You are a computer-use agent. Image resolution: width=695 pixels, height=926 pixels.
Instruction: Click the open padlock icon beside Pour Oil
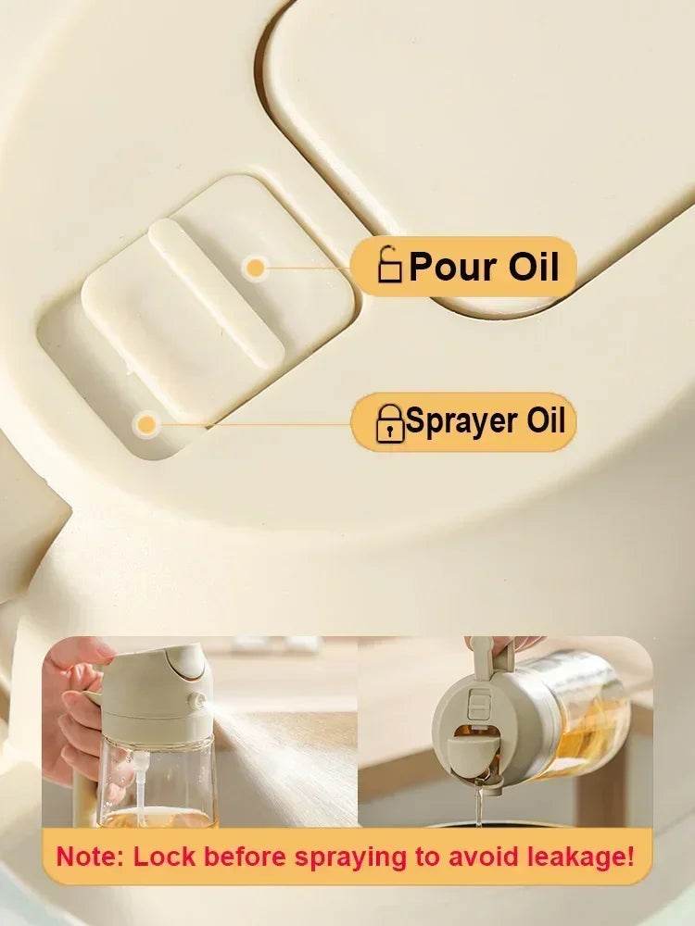click(x=390, y=266)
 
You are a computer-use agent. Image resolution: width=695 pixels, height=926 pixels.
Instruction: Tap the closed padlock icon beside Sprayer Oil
click(x=389, y=423)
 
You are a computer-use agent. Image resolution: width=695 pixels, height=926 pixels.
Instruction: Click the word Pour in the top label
click(x=448, y=266)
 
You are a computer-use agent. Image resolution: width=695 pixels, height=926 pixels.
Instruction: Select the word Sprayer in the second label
click(x=461, y=421)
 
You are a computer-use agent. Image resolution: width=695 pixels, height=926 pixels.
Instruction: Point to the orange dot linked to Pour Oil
click(x=255, y=269)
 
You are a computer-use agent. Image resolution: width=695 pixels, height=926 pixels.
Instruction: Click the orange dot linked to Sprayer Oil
click(x=145, y=425)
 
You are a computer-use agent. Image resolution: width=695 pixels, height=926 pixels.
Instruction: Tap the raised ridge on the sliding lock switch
click(x=216, y=292)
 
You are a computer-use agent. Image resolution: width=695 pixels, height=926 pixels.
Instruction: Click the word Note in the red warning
click(x=90, y=857)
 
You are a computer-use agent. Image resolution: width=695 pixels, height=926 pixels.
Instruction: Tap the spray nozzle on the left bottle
click(x=196, y=701)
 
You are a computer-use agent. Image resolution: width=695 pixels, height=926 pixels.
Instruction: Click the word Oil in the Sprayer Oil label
click(x=546, y=421)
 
